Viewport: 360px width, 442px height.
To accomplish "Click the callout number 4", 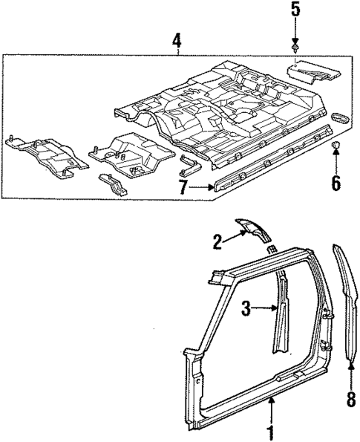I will point(177,40).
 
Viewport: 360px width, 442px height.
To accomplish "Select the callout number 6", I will point(336,181).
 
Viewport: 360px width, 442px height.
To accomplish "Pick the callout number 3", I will point(246,308).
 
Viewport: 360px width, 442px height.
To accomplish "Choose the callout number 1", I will point(271,432).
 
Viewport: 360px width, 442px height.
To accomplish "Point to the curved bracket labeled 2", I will point(255,231).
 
